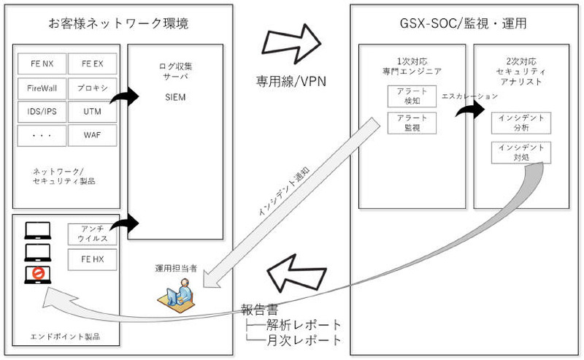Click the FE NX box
coord(42,65)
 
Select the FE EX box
coord(91,65)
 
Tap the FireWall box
coord(42,88)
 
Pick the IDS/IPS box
coord(42,112)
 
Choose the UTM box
coord(91,112)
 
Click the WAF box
coord(91,135)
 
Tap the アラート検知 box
coord(405,96)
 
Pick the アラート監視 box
coord(405,123)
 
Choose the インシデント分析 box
coord(521,122)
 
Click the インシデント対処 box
coord(521,152)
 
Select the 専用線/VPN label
coord(290,81)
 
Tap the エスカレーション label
coord(470,96)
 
